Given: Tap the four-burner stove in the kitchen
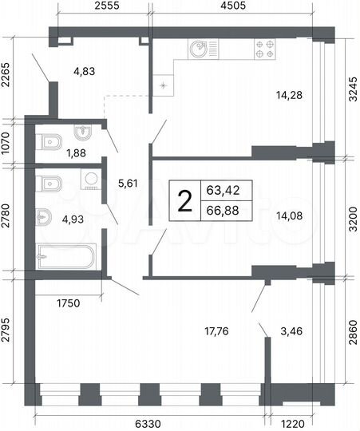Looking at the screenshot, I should [x=265, y=49].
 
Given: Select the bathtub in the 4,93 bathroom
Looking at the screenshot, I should [x=66, y=258].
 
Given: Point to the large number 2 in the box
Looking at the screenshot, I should [x=184, y=203].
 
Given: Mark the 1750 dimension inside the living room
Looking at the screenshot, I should [x=70, y=303].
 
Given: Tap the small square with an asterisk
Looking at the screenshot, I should [x=164, y=85].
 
